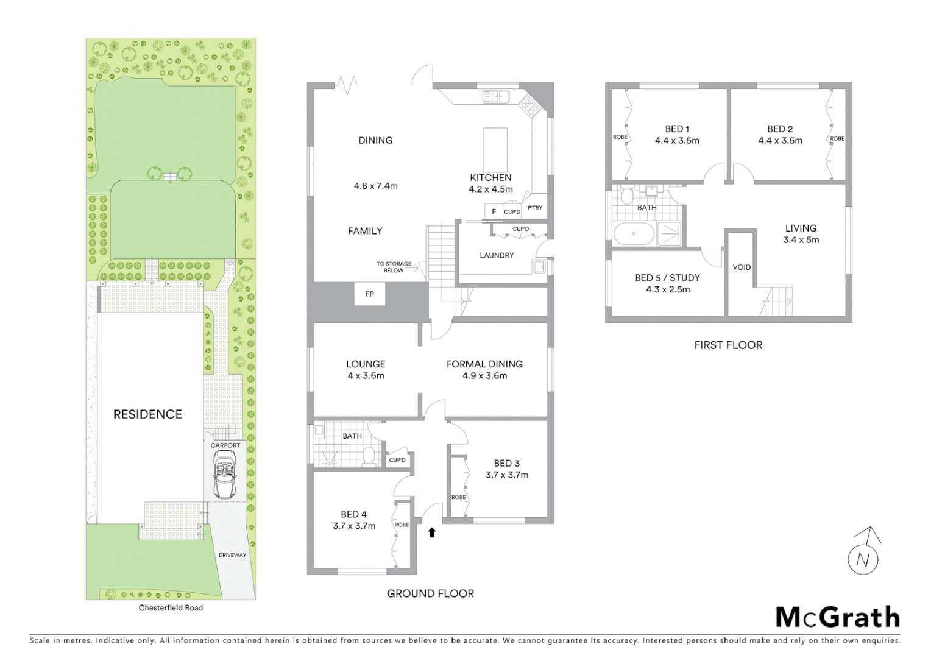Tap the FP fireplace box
click(369, 294)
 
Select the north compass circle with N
click(863, 559)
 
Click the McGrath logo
click(837, 617)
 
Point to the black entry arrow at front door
click(432, 532)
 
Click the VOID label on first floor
click(742, 267)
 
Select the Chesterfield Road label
click(171, 607)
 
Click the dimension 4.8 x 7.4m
click(375, 186)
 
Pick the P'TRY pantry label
click(535, 208)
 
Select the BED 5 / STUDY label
click(667, 278)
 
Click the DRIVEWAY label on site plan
click(232, 555)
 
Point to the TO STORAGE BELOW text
click(394, 267)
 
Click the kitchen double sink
click(495, 96)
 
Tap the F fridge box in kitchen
click(494, 211)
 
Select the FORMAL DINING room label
click(484, 364)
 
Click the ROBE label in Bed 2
click(837, 138)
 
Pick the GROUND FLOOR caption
click(430, 593)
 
